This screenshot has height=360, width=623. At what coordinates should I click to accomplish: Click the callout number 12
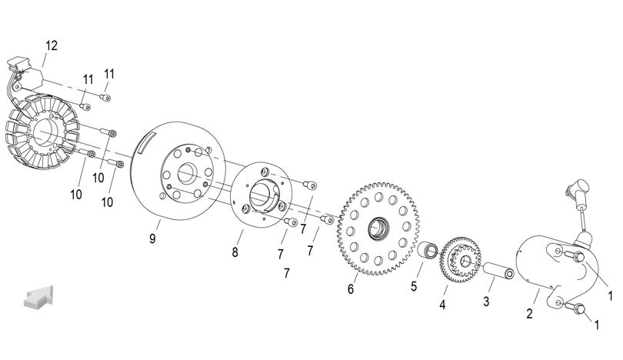pyautogui.click(x=52, y=45)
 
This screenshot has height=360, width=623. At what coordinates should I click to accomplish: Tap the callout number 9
pyautogui.click(x=152, y=238)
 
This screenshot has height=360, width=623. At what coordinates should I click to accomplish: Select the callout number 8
pyautogui.click(x=235, y=252)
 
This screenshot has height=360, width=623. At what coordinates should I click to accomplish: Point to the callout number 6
pyautogui.click(x=351, y=289)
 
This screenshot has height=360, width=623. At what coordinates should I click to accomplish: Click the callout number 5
pyautogui.click(x=414, y=286)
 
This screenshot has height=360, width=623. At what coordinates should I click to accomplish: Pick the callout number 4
pyautogui.click(x=442, y=305)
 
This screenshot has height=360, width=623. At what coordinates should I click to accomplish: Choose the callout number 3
pyautogui.click(x=486, y=302)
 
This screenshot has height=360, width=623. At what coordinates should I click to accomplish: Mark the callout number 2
pyautogui.click(x=529, y=314)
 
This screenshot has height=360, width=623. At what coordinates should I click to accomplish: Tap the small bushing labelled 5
pyautogui.click(x=428, y=250)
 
